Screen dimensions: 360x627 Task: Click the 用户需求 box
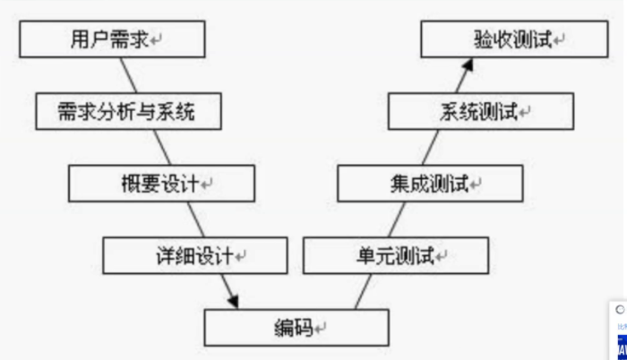(112, 40)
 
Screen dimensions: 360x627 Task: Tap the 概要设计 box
(161, 184)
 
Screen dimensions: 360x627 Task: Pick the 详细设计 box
(195, 255)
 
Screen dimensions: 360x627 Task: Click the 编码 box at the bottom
(296, 328)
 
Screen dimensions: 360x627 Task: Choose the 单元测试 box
(396, 256)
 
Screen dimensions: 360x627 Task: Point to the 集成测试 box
(429, 184)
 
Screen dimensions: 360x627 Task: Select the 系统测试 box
(481, 113)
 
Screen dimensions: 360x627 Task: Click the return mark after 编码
(320, 330)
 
